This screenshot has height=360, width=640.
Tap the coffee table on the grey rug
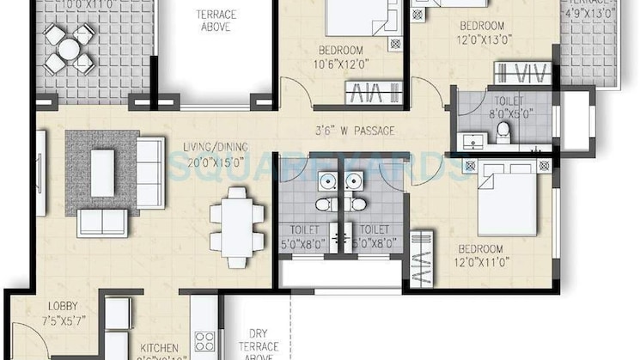[102, 172]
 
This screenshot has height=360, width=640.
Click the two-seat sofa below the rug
[101, 222]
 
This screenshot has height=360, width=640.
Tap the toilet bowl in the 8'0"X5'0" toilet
[504, 131]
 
